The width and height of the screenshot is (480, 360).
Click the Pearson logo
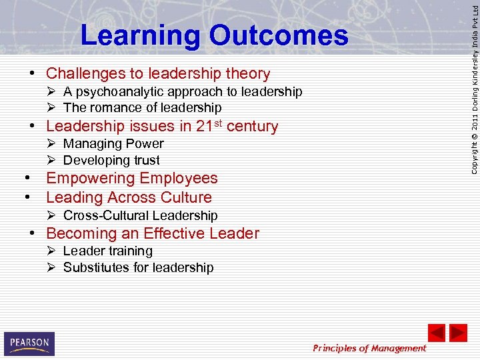click(x=29, y=343)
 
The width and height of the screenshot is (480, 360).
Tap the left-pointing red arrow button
click(x=436, y=333)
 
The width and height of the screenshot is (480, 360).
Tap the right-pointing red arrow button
click(x=458, y=333)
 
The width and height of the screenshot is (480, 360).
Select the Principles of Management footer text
click(x=369, y=348)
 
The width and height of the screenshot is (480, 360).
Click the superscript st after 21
click(x=218, y=122)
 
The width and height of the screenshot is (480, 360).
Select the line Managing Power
click(x=113, y=143)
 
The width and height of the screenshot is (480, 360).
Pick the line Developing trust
click(x=111, y=160)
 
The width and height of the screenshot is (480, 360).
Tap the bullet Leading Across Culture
click(x=129, y=197)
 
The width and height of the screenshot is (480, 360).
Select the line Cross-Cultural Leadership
click(x=140, y=215)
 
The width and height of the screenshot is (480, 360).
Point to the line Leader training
click(x=107, y=251)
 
